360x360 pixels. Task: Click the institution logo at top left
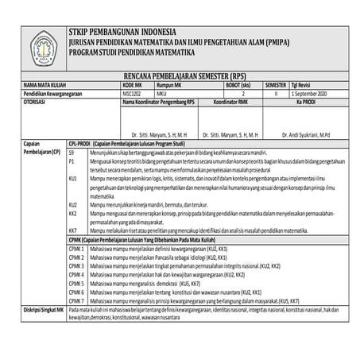pyautogui.click(x=34, y=42)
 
